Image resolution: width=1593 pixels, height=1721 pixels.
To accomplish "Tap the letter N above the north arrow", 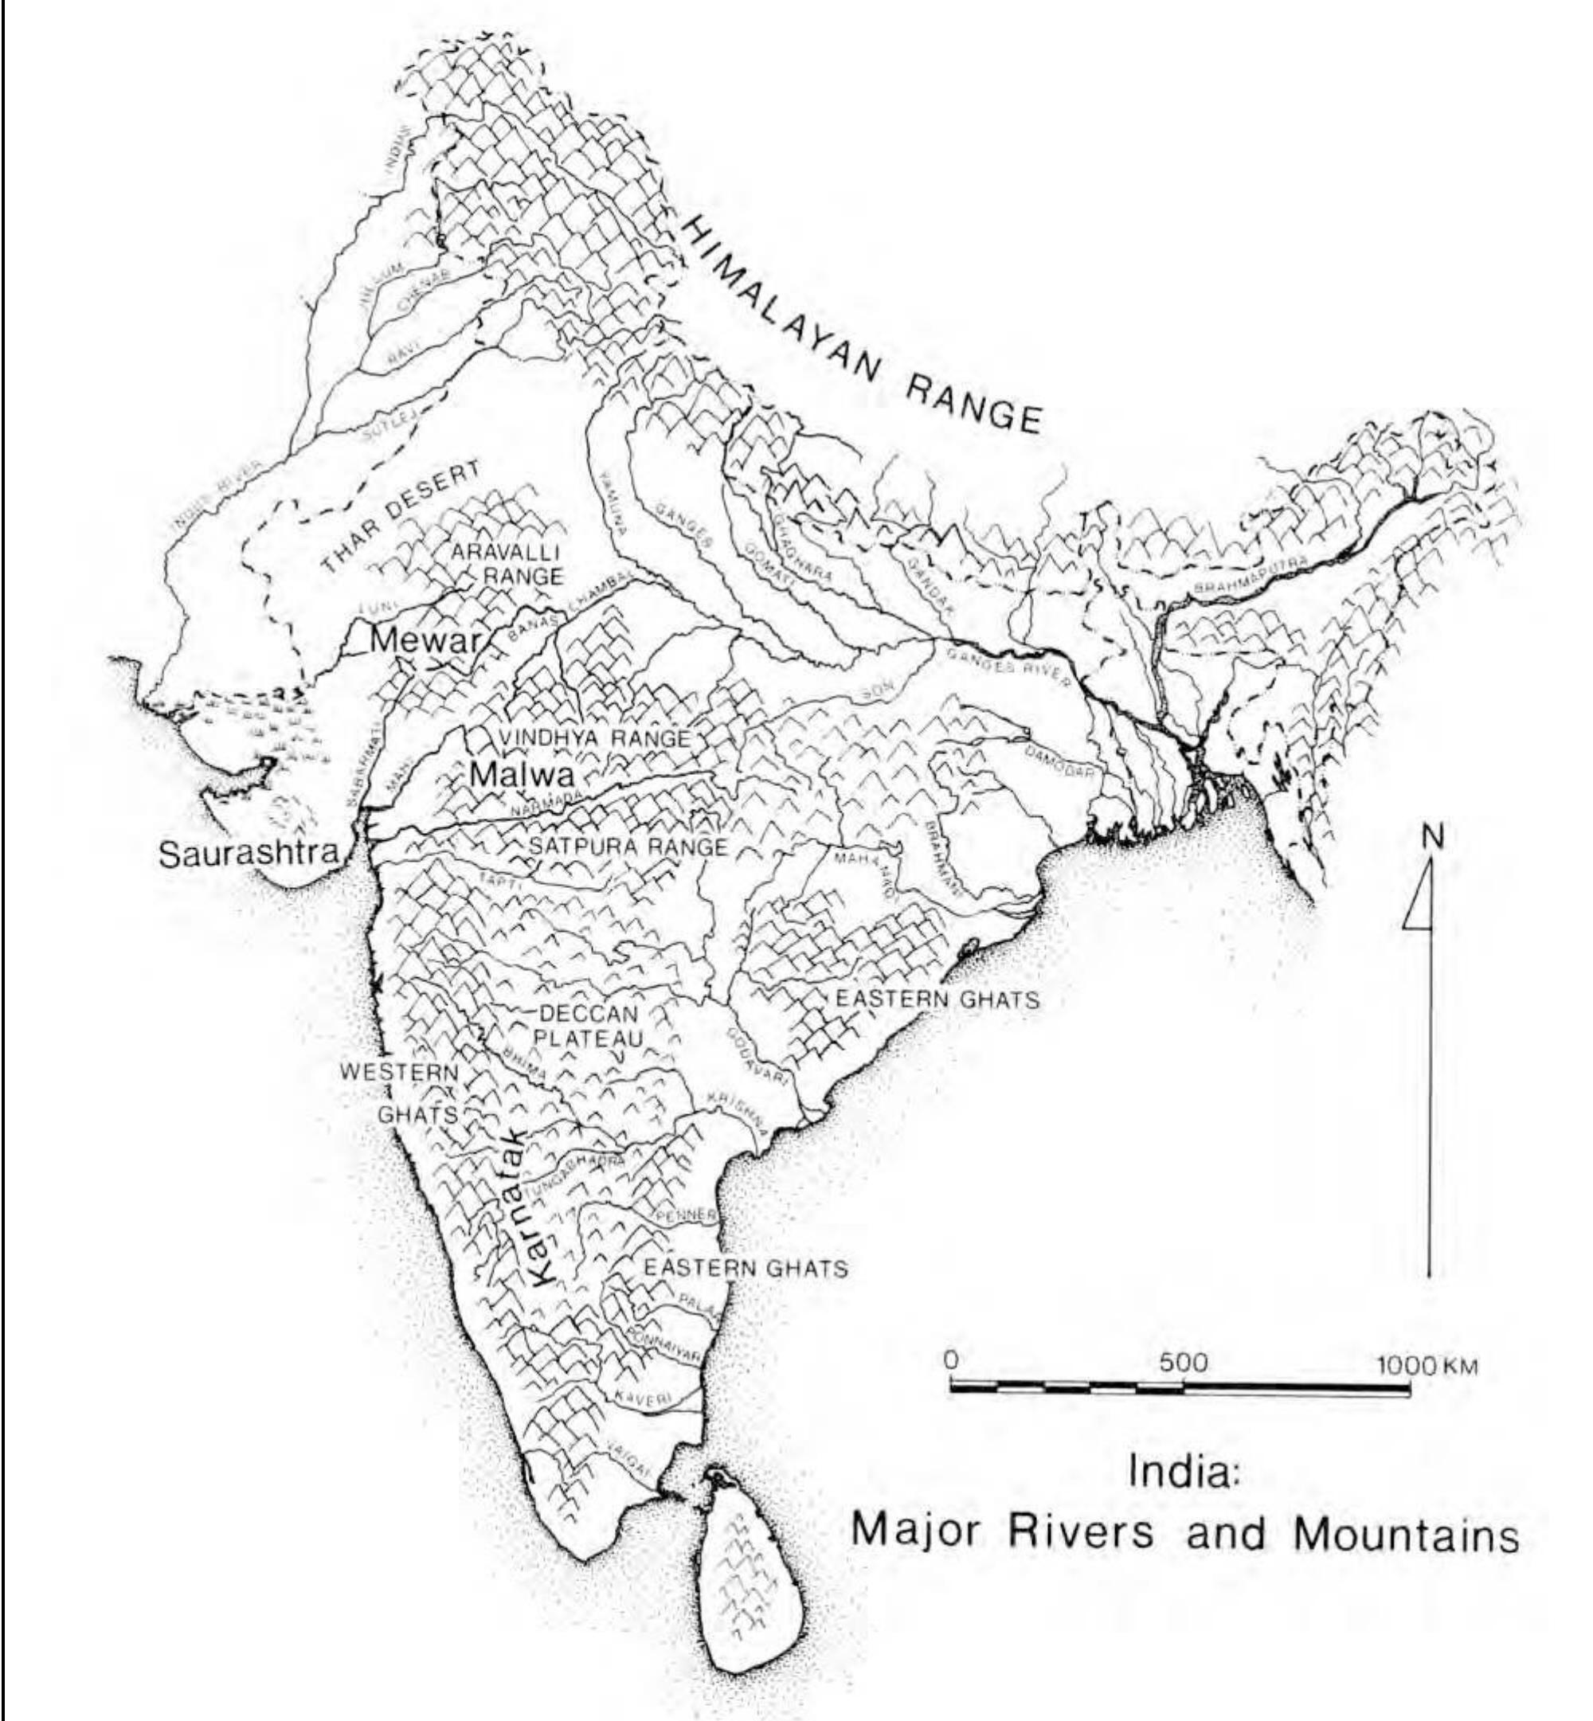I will coord(1432,835).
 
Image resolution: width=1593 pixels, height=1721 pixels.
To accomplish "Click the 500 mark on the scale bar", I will coord(1184,1363).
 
